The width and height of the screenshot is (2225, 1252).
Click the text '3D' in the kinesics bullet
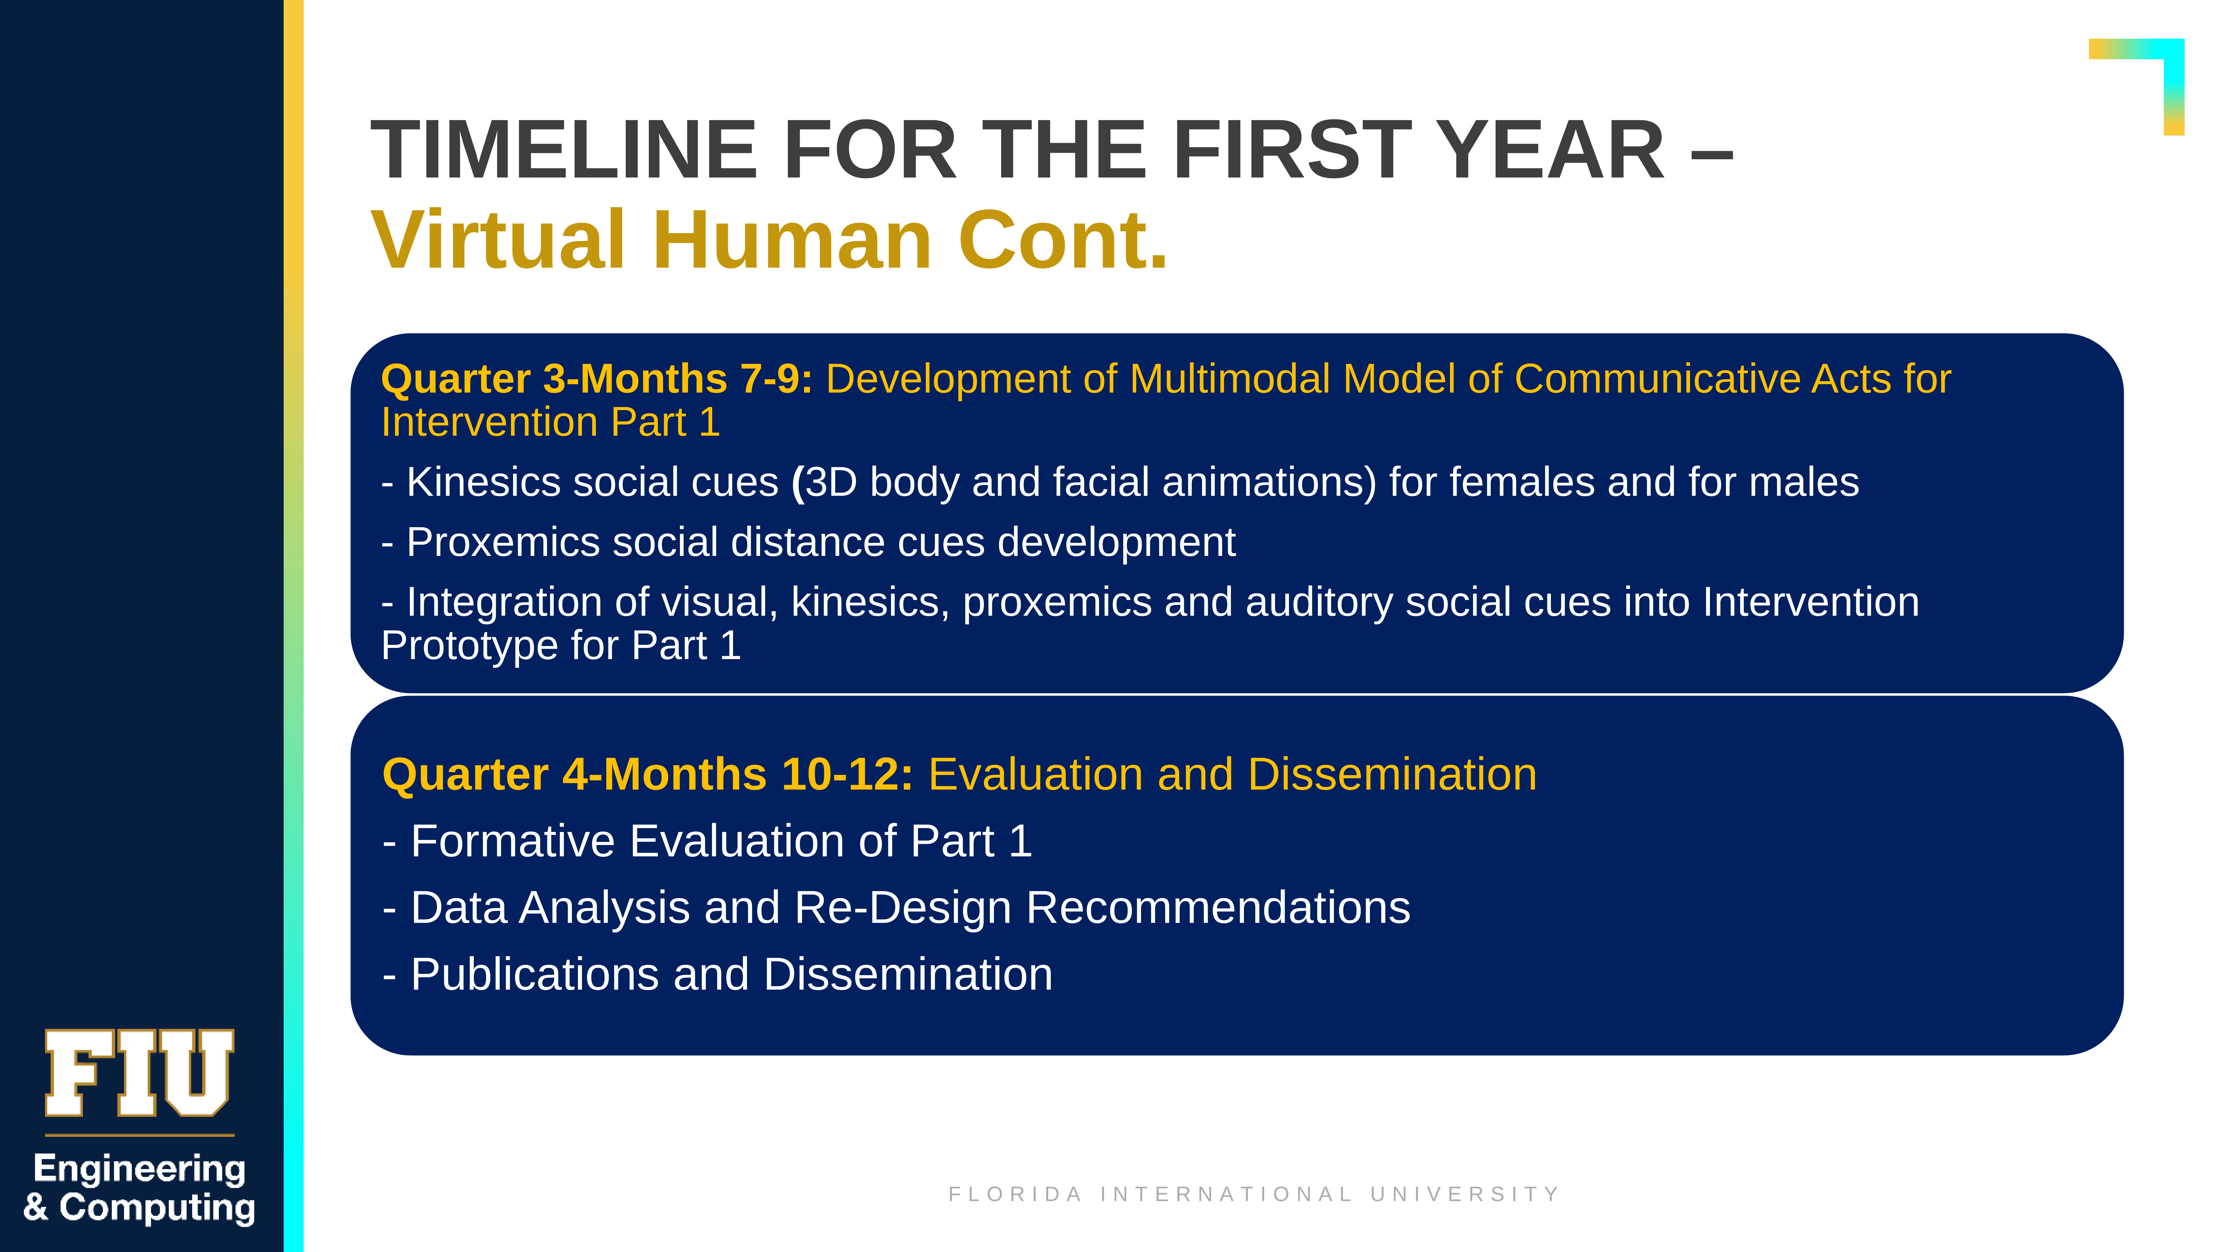pos(831,482)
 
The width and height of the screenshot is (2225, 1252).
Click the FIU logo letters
pos(139,1073)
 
